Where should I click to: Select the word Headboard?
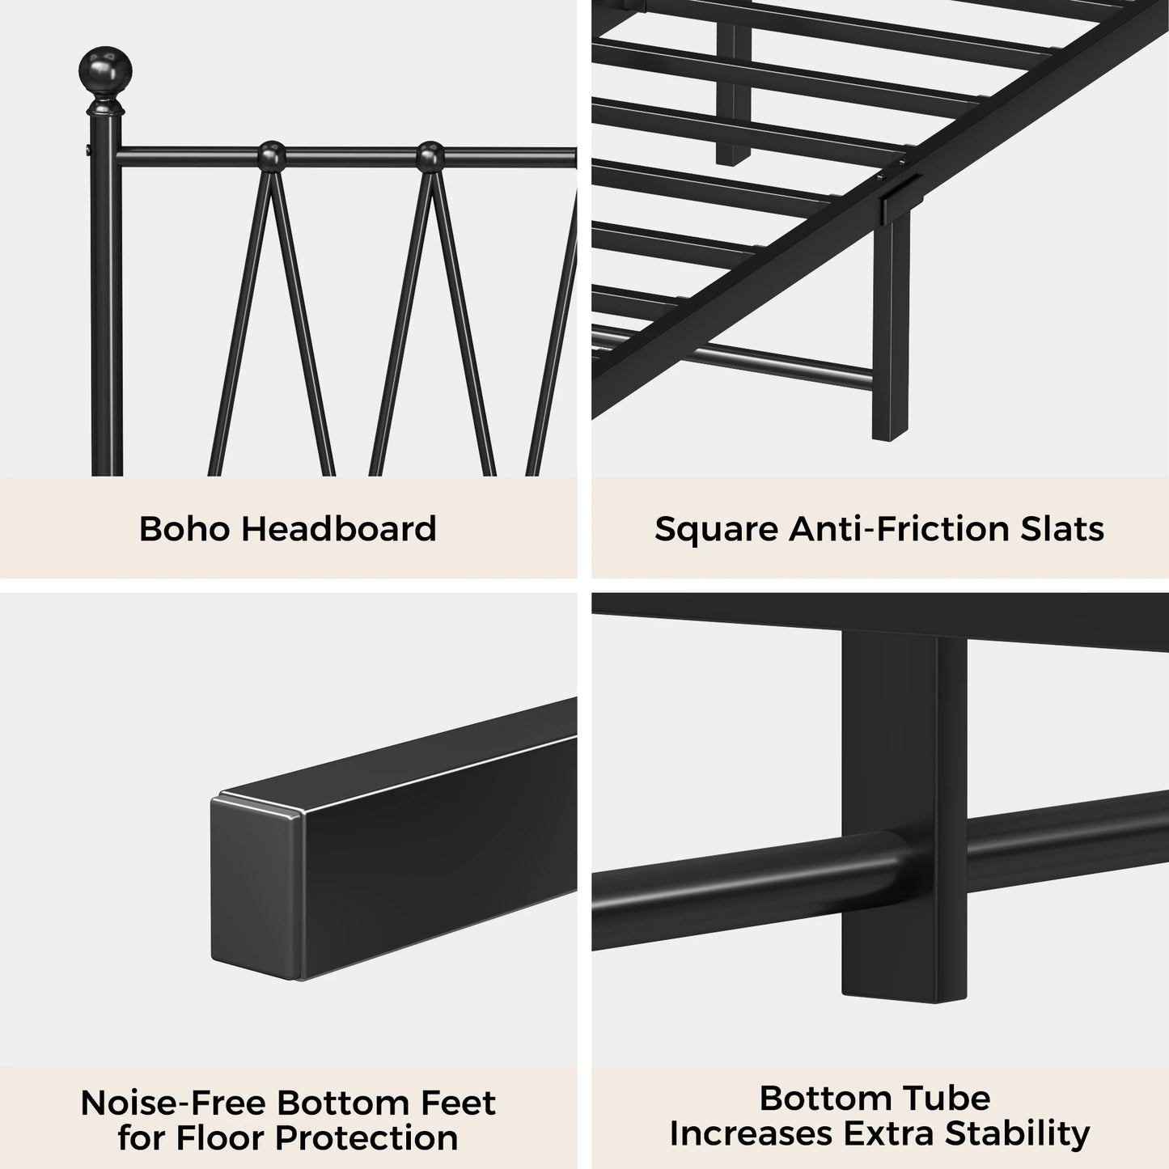(340, 529)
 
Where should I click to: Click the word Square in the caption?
(716, 529)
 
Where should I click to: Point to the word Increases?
(751, 1133)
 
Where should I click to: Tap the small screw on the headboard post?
(87, 150)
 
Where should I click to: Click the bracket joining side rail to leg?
(897, 201)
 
